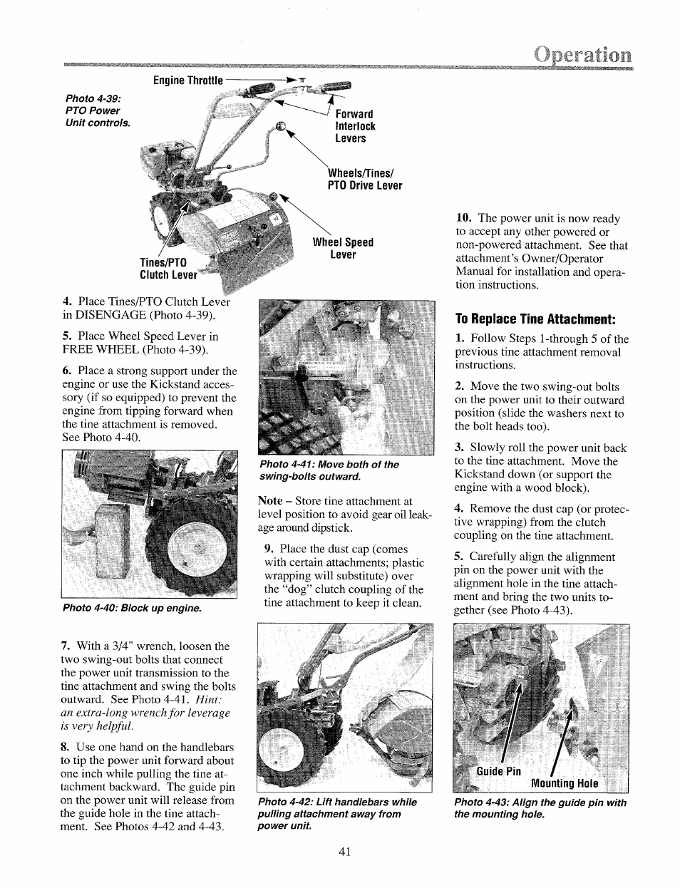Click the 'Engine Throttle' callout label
pos(188,80)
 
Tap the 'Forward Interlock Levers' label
pos(355,126)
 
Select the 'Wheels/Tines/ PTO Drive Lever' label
pos(364,180)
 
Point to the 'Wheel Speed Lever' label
pos(343,248)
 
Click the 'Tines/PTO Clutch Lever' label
pos(168,269)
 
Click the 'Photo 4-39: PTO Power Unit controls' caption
pos(98,110)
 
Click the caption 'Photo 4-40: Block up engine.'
pos(132,609)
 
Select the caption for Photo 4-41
pos(329,470)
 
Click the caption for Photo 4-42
pos(337,814)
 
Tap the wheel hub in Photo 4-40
pos(187,552)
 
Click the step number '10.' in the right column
pos(464,219)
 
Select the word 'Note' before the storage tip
pos(270,502)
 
